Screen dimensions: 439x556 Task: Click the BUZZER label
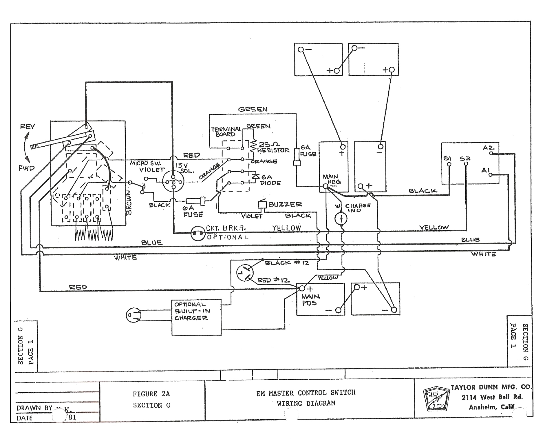(x=285, y=205)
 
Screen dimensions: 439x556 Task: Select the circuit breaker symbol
(x=198, y=233)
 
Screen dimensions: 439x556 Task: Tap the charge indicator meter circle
(x=341, y=218)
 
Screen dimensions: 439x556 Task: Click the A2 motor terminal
(x=491, y=153)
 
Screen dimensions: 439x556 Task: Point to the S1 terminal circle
(x=449, y=164)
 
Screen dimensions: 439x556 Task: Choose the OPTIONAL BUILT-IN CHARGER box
(x=196, y=318)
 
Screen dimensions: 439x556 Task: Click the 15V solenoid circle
(x=173, y=182)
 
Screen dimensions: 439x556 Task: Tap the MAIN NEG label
(x=331, y=179)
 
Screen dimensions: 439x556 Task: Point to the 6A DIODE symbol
(x=255, y=176)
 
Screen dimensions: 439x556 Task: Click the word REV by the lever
(x=27, y=127)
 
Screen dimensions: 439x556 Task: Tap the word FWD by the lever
(x=27, y=168)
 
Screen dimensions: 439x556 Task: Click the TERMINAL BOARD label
(x=226, y=132)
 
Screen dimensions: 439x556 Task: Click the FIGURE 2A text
(x=151, y=394)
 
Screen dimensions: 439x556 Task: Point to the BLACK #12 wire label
(x=287, y=263)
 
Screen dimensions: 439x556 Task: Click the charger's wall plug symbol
(x=133, y=315)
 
